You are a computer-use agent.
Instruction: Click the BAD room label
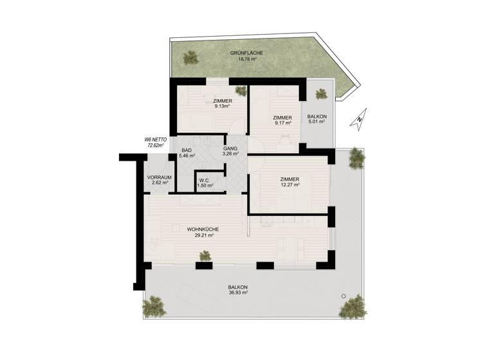187,150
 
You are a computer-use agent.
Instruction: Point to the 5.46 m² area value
187,156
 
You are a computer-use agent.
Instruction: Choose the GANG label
231,148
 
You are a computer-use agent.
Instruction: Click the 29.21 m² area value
203,235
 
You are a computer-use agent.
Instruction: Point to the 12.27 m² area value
289,185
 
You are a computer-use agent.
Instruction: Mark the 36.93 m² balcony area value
237,292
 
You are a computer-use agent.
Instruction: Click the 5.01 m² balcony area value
318,122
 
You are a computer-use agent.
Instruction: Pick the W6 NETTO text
155,139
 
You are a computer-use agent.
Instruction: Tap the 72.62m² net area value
155,145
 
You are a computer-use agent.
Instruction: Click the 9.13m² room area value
223,107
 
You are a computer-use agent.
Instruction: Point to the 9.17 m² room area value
282,123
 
